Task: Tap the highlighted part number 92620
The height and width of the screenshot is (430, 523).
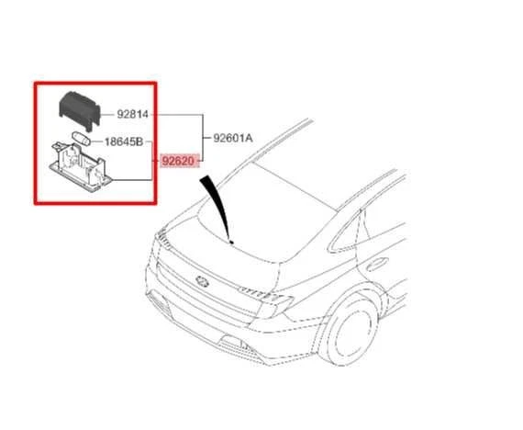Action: click(x=178, y=162)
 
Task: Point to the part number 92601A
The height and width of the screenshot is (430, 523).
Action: click(x=232, y=139)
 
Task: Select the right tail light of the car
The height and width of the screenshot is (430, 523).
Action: click(x=273, y=302)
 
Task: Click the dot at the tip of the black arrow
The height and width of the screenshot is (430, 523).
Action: click(x=230, y=242)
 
